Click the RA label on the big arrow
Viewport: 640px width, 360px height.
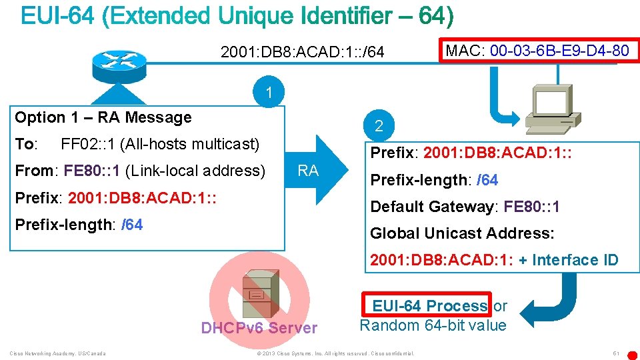pos(308,171)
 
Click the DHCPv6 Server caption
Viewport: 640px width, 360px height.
pos(259,328)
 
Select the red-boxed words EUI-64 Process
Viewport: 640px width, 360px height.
pos(429,306)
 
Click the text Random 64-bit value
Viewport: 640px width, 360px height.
pos(433,326)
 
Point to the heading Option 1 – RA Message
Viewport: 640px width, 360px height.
pos(103,118)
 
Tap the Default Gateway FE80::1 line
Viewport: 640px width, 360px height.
pos(465,207)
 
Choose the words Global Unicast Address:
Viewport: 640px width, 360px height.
pos(462,233)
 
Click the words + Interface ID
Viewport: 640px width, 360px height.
pos(568,260)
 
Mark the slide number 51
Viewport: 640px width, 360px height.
pos(616,353)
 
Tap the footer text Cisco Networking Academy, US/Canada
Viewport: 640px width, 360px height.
pos(57,353)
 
